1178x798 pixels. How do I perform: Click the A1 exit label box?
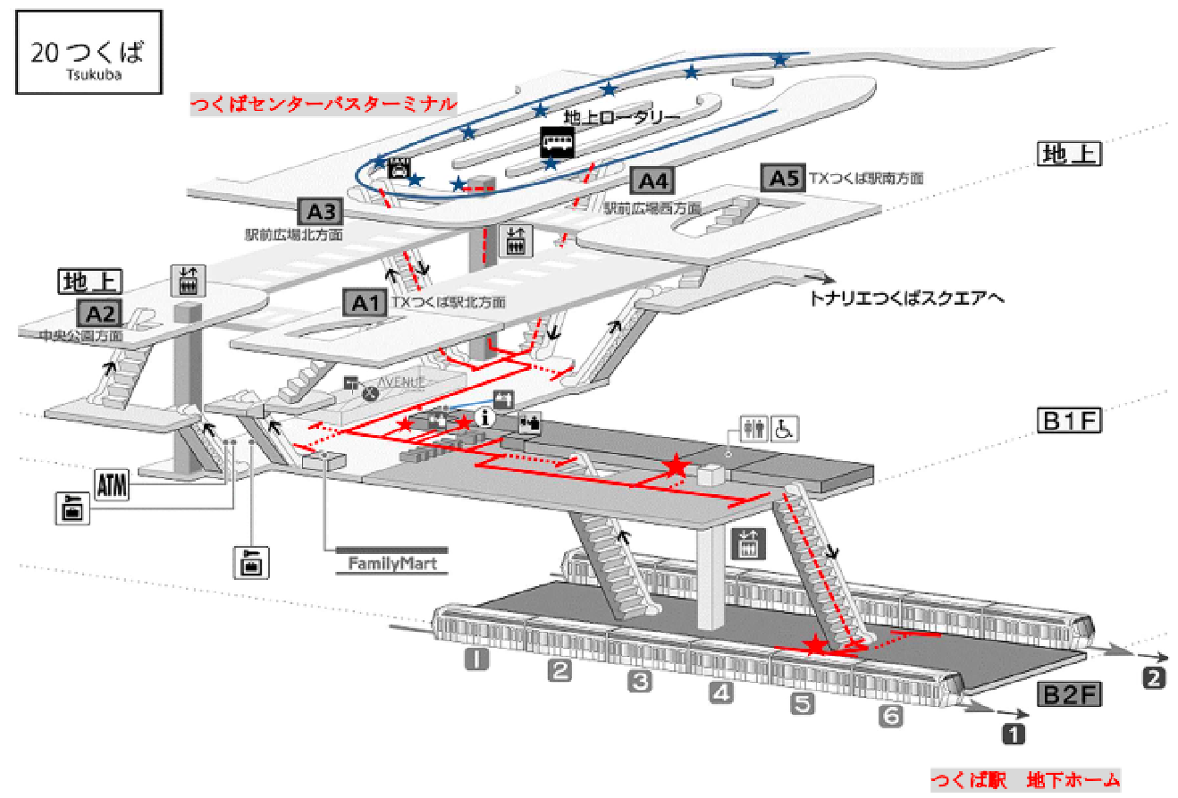[x=366, y=303]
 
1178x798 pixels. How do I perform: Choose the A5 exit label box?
[x=783, y=177]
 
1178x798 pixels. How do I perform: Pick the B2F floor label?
[x=1069, y=694]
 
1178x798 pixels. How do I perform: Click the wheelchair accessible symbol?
[x=784, y=428]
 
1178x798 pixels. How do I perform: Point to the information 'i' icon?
[x=487, y=416]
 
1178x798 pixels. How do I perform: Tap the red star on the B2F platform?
[x=813, y=645]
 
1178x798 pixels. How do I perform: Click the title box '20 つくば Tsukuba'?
[x=88, y=52]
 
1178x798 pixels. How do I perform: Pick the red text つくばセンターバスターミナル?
[x=323, y=104]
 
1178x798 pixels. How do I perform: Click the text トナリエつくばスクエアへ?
[x=905, y=297]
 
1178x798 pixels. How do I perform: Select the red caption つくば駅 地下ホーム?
[x=1025, y=780]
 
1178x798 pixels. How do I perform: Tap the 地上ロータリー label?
[x=622, y=117]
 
